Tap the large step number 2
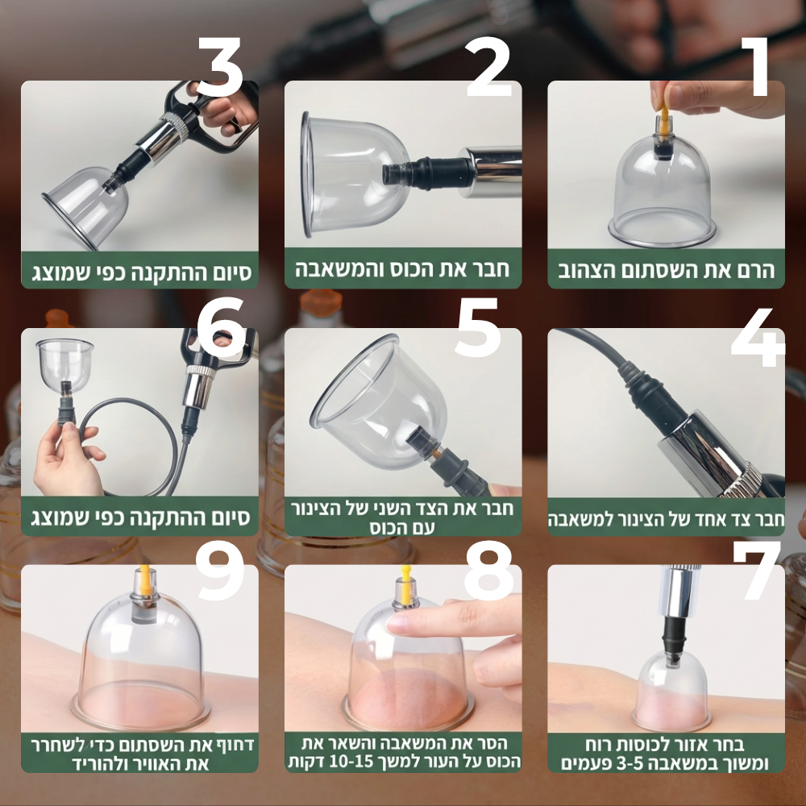[x=488, y=67]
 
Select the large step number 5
[x=477, y=327]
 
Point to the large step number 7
[x=757, y=570]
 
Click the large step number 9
[x=221, y=571]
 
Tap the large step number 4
[x=758, y=337]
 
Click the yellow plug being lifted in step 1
[x=663, y=123]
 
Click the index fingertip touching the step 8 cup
[x=398, y=624]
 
